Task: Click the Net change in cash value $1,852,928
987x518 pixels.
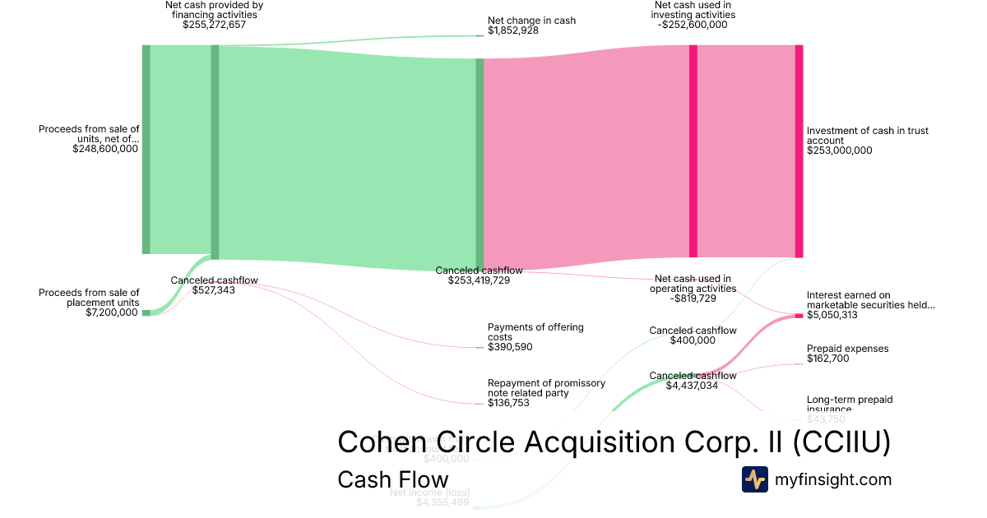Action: point(513,30)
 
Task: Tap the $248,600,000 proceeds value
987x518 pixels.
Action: point(105,149)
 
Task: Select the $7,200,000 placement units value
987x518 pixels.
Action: point(112,312)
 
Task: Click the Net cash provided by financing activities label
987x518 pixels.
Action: point(214,10)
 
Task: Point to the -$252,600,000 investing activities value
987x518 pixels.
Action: point(692,25)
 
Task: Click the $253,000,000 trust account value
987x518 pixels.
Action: point(839,150)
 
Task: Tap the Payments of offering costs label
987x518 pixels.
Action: point(535,332)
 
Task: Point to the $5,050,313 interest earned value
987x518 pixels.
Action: point(832,315)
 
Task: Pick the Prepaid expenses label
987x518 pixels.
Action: point(847,349)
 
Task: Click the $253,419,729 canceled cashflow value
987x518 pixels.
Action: point(479,280)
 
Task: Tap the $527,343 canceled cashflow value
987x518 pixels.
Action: point(214,290)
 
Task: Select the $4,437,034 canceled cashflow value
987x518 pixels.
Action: point(693,386)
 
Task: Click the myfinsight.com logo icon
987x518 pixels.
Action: point(755,479)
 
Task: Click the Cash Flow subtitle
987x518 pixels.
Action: point(392,480)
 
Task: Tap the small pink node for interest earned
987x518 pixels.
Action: point(799,316)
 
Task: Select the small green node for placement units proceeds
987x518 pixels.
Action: point(146,312)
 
